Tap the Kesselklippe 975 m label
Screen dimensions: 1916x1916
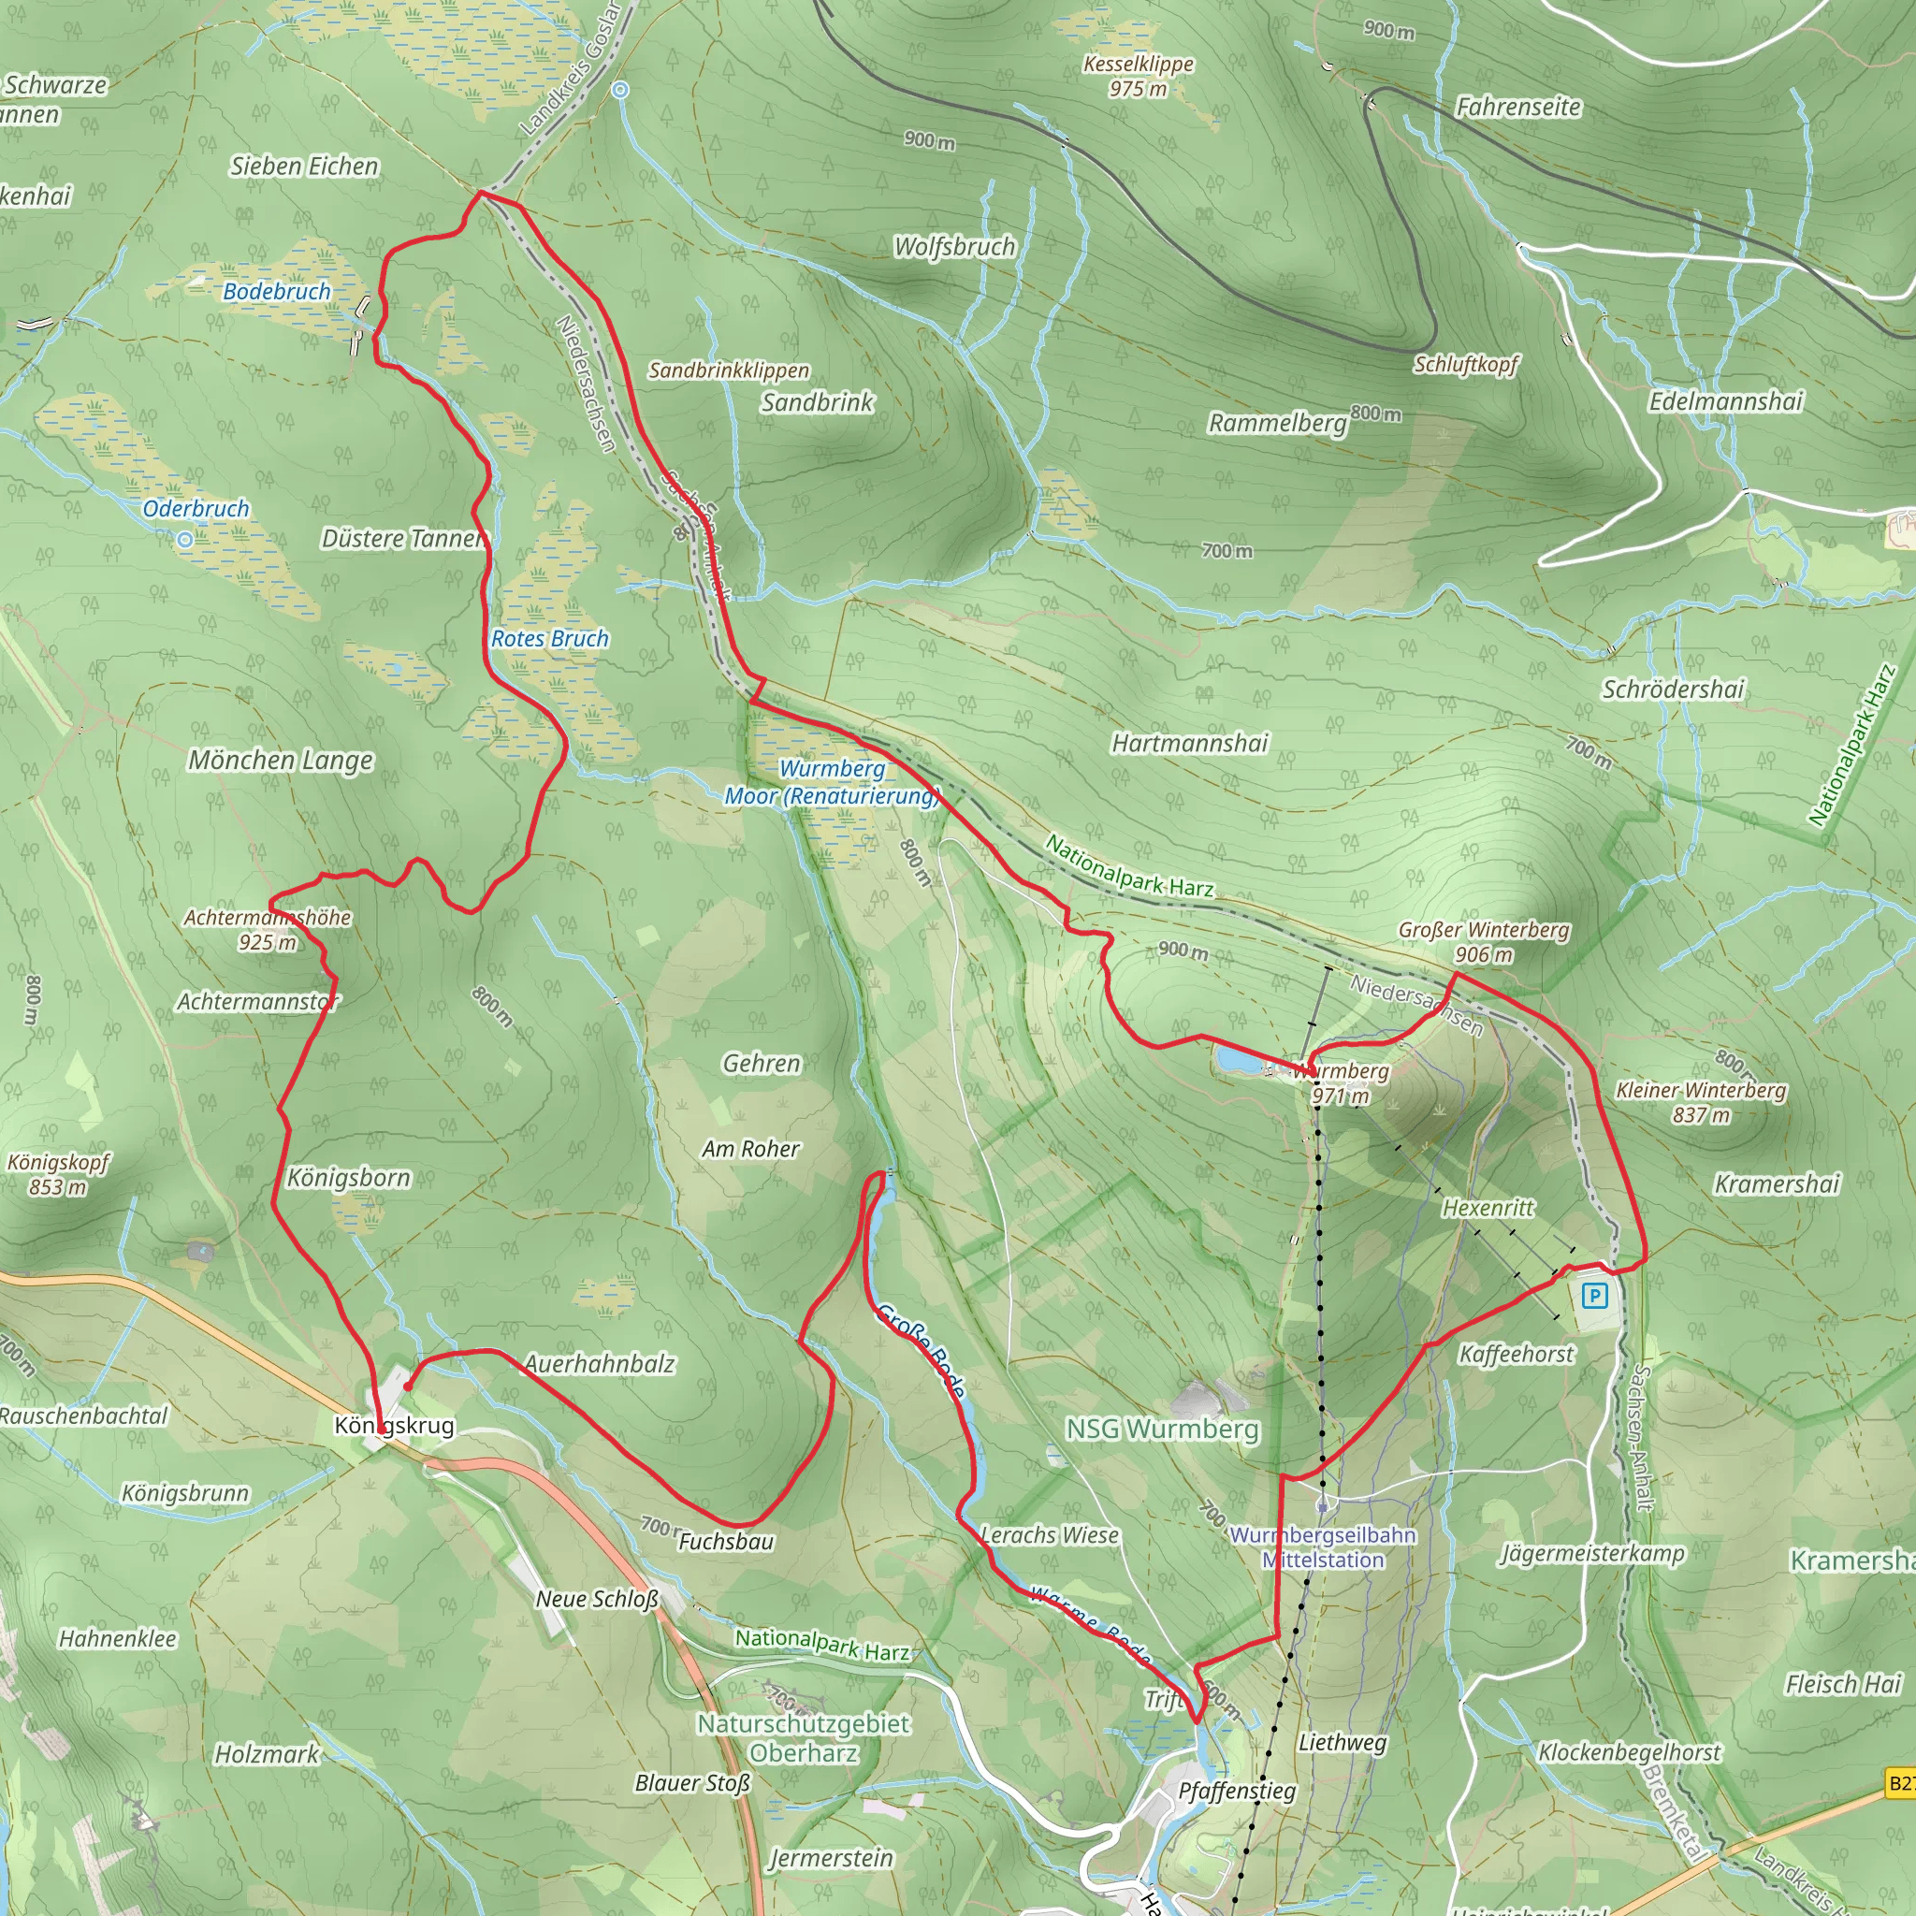(1138, 77)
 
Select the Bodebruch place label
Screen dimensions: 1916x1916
(277, 292)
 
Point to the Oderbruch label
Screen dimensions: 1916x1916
(196, 509)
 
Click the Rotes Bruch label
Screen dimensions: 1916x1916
(550, 639)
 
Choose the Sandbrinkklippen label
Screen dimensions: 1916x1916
(729, 370)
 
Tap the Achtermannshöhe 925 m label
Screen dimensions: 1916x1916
(268, 929)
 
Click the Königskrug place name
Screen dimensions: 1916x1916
(395, 1425)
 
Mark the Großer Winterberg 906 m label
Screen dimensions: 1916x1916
(1484, 941)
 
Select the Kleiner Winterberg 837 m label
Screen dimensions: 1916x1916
(1701, 1102)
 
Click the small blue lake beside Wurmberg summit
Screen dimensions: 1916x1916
(1237, 1060)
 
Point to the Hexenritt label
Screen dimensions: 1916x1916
(1488, 1208)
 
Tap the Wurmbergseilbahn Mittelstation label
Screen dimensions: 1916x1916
(1323, 1547)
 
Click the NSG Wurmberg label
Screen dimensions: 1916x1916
(1162, 1430)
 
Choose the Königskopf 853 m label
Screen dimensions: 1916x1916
(57, 1174)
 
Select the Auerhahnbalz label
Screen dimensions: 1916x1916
(600, 1364)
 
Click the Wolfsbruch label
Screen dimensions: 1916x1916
(954, 246)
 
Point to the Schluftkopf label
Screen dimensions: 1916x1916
(1466, 364)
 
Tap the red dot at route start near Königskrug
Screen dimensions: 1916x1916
(408, 1386)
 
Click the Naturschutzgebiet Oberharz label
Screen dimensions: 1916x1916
(804, 1737)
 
